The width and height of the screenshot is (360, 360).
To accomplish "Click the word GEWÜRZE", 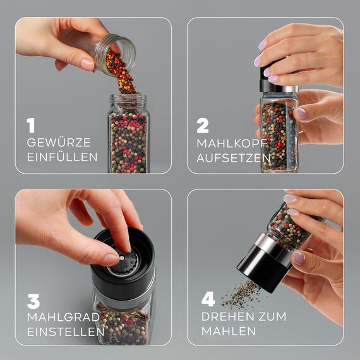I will pos(59,143).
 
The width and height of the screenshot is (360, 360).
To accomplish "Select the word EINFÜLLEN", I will pos(62,157).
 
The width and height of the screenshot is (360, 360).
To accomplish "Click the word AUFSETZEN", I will pos(233,157).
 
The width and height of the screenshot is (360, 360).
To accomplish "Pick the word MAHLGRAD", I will pos(63,315).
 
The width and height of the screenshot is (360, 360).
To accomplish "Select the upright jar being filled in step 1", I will pos(128,134).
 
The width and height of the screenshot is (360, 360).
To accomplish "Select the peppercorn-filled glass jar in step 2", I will pos(279,133).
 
